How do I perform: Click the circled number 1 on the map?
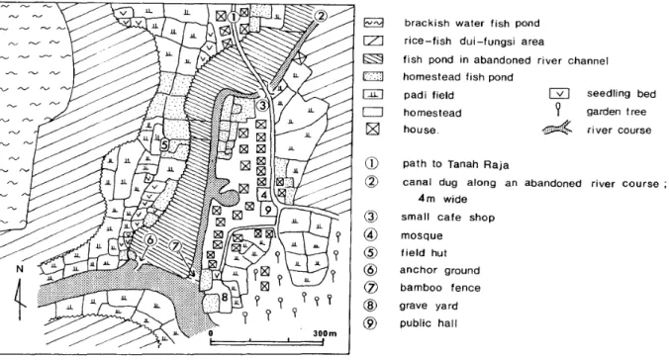(234, 17)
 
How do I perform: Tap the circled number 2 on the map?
(321, 16)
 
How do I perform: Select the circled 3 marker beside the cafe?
(263, 105)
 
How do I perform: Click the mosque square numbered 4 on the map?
(264, 195)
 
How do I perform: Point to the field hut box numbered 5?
(165, 145)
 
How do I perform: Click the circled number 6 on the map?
(149, 240)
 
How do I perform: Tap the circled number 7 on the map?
(175, 246)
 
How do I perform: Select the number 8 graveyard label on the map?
(225, 297)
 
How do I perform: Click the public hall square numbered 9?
(268, 210)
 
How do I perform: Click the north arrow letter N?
(20, 269)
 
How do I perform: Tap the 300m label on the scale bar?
(325, 333)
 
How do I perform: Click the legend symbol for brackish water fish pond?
(373, 23)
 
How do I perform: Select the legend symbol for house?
(373, 129)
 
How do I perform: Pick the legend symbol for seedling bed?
(558, 93)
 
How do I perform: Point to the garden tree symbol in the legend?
(558, 109)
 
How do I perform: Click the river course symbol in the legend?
(557, 128)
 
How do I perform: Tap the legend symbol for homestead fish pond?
(373, 77)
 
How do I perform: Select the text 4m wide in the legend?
(442, 199)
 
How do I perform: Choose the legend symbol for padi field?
(373, 94)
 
